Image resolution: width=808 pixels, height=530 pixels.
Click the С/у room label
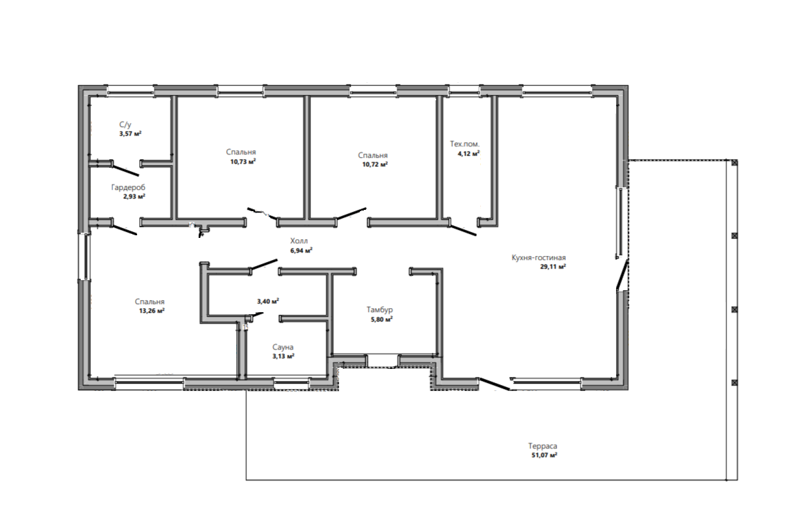[125, 125]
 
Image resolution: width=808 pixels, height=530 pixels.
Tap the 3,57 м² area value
[130, 134]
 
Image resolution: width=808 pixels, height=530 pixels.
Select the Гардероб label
[128, 188]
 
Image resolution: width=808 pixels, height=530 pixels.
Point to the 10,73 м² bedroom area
[243, 162]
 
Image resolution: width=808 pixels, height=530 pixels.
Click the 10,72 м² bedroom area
[375, 164]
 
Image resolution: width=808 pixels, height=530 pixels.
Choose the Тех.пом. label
[465, 144]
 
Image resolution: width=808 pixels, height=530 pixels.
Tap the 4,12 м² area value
[469, 154]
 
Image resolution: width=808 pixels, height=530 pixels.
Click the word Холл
[299, 241]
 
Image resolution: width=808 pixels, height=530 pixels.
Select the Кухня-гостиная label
[538, 258]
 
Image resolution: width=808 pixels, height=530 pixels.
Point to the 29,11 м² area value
[552, 267]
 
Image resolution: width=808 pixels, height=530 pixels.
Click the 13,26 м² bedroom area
[152, 311]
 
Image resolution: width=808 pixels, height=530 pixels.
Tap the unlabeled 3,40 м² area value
[268, 301]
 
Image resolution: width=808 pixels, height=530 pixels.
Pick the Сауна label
[283, 347]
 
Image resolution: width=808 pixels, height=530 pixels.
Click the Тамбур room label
[380, 309]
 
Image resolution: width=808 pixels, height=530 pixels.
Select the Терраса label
[543, 446]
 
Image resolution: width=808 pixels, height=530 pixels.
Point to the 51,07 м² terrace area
[544, 455]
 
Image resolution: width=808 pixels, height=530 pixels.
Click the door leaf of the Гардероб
[125, 230]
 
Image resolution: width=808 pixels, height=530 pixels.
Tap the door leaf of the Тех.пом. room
[463, 231]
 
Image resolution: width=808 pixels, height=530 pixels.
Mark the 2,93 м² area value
[134, 196]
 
